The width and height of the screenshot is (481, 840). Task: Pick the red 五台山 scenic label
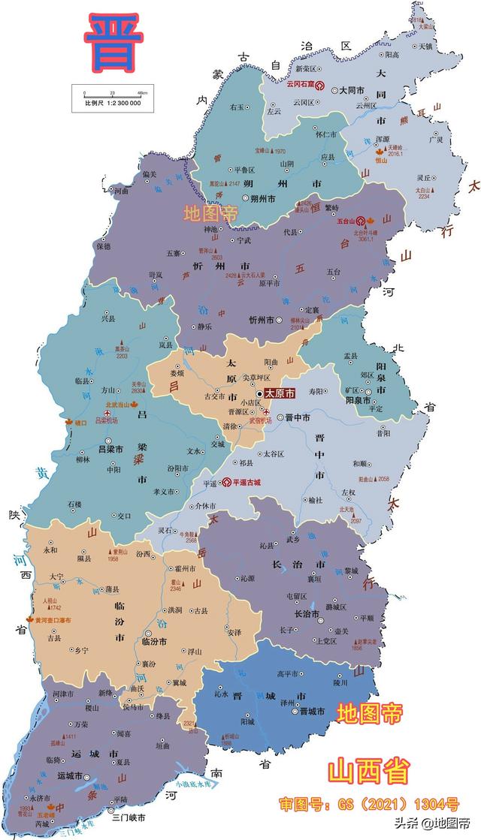(346, 221)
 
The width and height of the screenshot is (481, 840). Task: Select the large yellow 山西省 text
(368, 772)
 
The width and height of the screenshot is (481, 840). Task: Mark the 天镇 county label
(425, 46)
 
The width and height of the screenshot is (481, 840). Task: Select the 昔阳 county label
(383, 433)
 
